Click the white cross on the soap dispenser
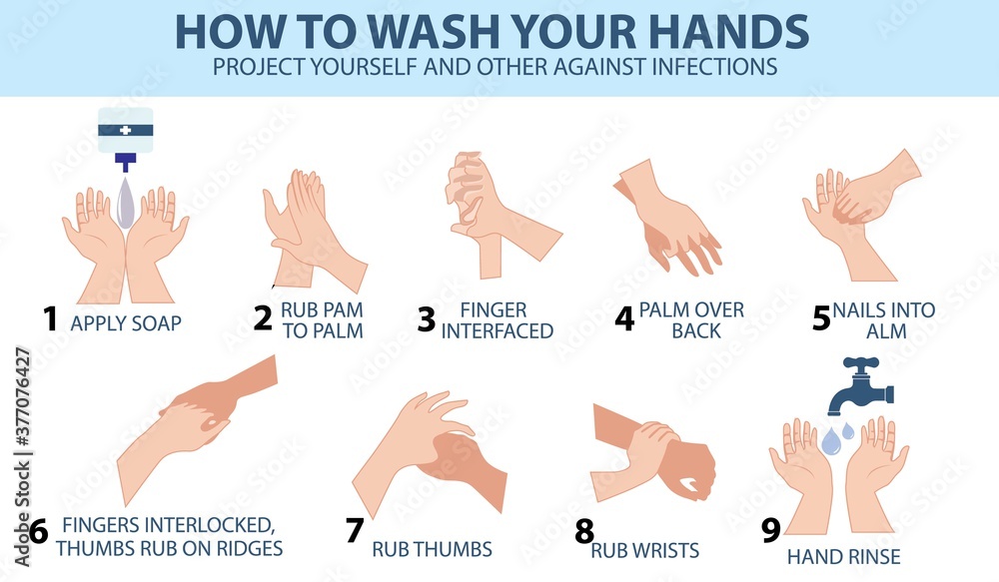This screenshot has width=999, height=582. point(126,130)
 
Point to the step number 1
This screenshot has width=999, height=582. point(50,318)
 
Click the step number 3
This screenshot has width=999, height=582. point(427,319)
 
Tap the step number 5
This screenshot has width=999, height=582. point(822,317)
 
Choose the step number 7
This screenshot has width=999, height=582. point(355,530)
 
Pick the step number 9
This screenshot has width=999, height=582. point(771,530)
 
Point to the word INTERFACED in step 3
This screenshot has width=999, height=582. point(498,331)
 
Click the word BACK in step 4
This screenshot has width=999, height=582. point(696,331)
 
